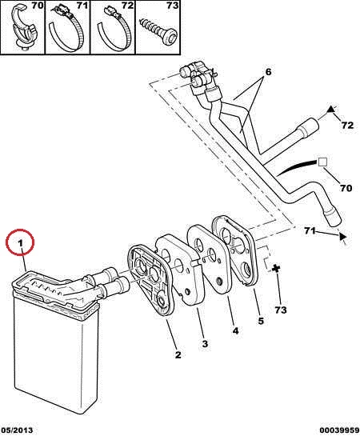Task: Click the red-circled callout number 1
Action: click(20, 243)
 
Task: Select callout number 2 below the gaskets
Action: click(178, 354)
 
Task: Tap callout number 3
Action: click(205, 344)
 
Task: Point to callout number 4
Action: click(235, 330)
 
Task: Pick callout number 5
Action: click(261, 321)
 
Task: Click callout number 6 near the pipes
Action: click(268, 72)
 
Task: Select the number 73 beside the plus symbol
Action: click(280, 310)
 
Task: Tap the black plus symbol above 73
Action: click(276, 268)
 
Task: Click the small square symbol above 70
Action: click(322, 162)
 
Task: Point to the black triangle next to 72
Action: click(330, 109)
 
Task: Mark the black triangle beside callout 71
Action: click(343, 236)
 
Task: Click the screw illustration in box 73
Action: click(159, 31)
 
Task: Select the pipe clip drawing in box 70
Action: click(24, 29)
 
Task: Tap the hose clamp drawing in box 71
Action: click(66, 29)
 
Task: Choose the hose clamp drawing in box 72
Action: click(114, 29)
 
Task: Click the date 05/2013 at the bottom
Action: click(17, 430)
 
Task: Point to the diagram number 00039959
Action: click(339, 430)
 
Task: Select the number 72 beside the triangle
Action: click(347, 125)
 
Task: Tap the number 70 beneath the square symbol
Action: click(346, 188)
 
